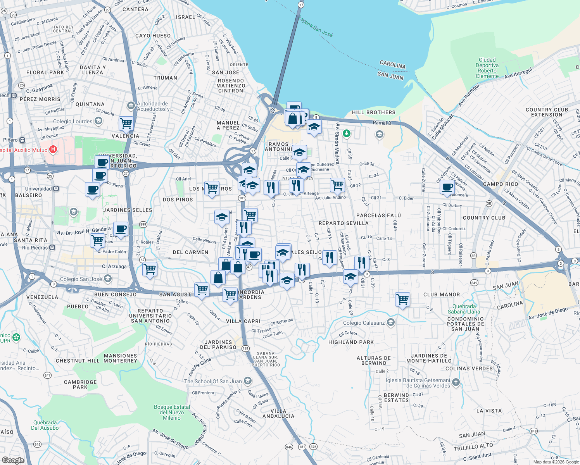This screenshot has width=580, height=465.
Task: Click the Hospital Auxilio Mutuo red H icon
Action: [54, 150]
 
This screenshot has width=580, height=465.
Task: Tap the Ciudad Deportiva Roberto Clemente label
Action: [487, 68]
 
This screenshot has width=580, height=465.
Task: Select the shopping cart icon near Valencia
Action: [126, 124]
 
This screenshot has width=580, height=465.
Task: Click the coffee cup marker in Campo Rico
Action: [447, 187]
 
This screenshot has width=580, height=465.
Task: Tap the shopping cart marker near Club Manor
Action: [402, 299]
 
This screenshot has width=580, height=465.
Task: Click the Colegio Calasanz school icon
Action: [391, 322]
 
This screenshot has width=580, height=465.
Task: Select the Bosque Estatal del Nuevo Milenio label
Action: [172, 412]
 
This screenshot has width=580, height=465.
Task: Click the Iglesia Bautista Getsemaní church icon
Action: [456, 382]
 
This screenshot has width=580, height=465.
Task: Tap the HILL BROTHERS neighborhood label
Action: [373, 112]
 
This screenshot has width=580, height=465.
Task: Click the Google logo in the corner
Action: [13, 460]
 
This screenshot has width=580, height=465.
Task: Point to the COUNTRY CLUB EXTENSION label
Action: [547, 112]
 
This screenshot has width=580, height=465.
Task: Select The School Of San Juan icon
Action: [248, 381]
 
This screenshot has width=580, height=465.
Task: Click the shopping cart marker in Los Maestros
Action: [212, 188]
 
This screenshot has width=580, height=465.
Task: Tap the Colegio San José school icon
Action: [108, 278]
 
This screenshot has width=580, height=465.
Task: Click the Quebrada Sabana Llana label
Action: [464, 309]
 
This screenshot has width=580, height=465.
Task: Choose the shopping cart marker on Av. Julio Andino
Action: [337, 185]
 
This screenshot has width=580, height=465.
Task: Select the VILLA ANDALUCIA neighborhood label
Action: [278, 413]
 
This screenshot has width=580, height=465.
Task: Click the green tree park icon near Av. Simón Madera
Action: [347, 134]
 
